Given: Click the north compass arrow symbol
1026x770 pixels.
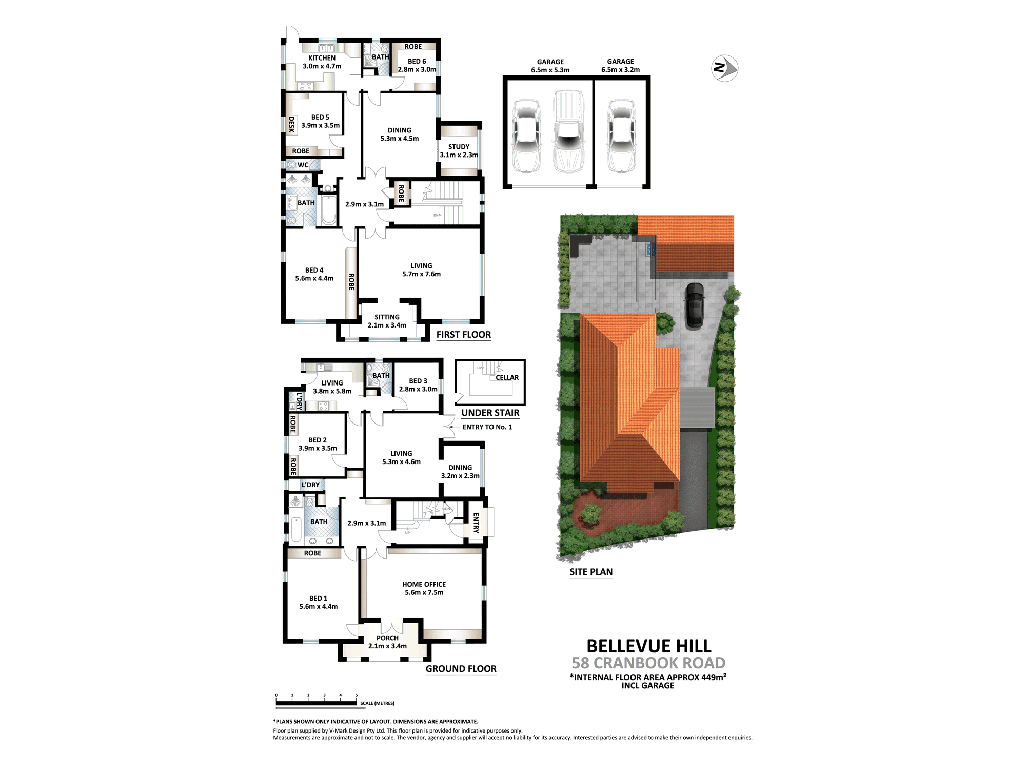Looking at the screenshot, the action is click(x=724, y=68).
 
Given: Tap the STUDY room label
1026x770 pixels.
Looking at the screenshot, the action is click(x=459, y=147).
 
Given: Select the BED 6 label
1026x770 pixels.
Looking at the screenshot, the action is click(x=417, y=61).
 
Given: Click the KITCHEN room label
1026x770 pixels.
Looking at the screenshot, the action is click(x=322, y=58).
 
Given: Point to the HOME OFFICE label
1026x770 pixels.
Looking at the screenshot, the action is click(x=424, y=584).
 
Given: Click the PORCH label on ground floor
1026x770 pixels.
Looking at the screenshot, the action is click(x=387, y=638).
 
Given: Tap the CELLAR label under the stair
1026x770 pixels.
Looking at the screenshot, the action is click(x=507, y=378).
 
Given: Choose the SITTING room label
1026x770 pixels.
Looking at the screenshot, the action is click(x=387, y=317).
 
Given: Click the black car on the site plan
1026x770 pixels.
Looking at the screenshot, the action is click(x=695, y=305).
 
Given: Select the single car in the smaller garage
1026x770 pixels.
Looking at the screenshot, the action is click(x=621, y=136).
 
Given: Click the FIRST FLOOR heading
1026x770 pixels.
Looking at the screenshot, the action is click(x=464, y=335).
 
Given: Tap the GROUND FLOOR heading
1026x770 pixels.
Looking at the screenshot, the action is click(x=461, y=669).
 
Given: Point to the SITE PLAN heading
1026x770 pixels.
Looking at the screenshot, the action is click(x=591, y=572).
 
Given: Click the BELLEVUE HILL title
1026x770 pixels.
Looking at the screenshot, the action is click(x=649, y=646).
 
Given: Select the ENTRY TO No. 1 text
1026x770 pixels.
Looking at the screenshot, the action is click(x=487, y=427).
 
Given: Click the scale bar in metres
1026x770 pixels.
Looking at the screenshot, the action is click(x=316, y=703).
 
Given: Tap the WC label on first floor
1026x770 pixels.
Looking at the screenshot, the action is click(x=303, y=165).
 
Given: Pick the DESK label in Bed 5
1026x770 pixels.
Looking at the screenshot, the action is click(x=291, y=124).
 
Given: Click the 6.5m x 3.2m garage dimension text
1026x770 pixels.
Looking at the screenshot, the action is click(x=620, y=70).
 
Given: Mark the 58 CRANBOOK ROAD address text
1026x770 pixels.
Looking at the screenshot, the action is click(x=648, y=663).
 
